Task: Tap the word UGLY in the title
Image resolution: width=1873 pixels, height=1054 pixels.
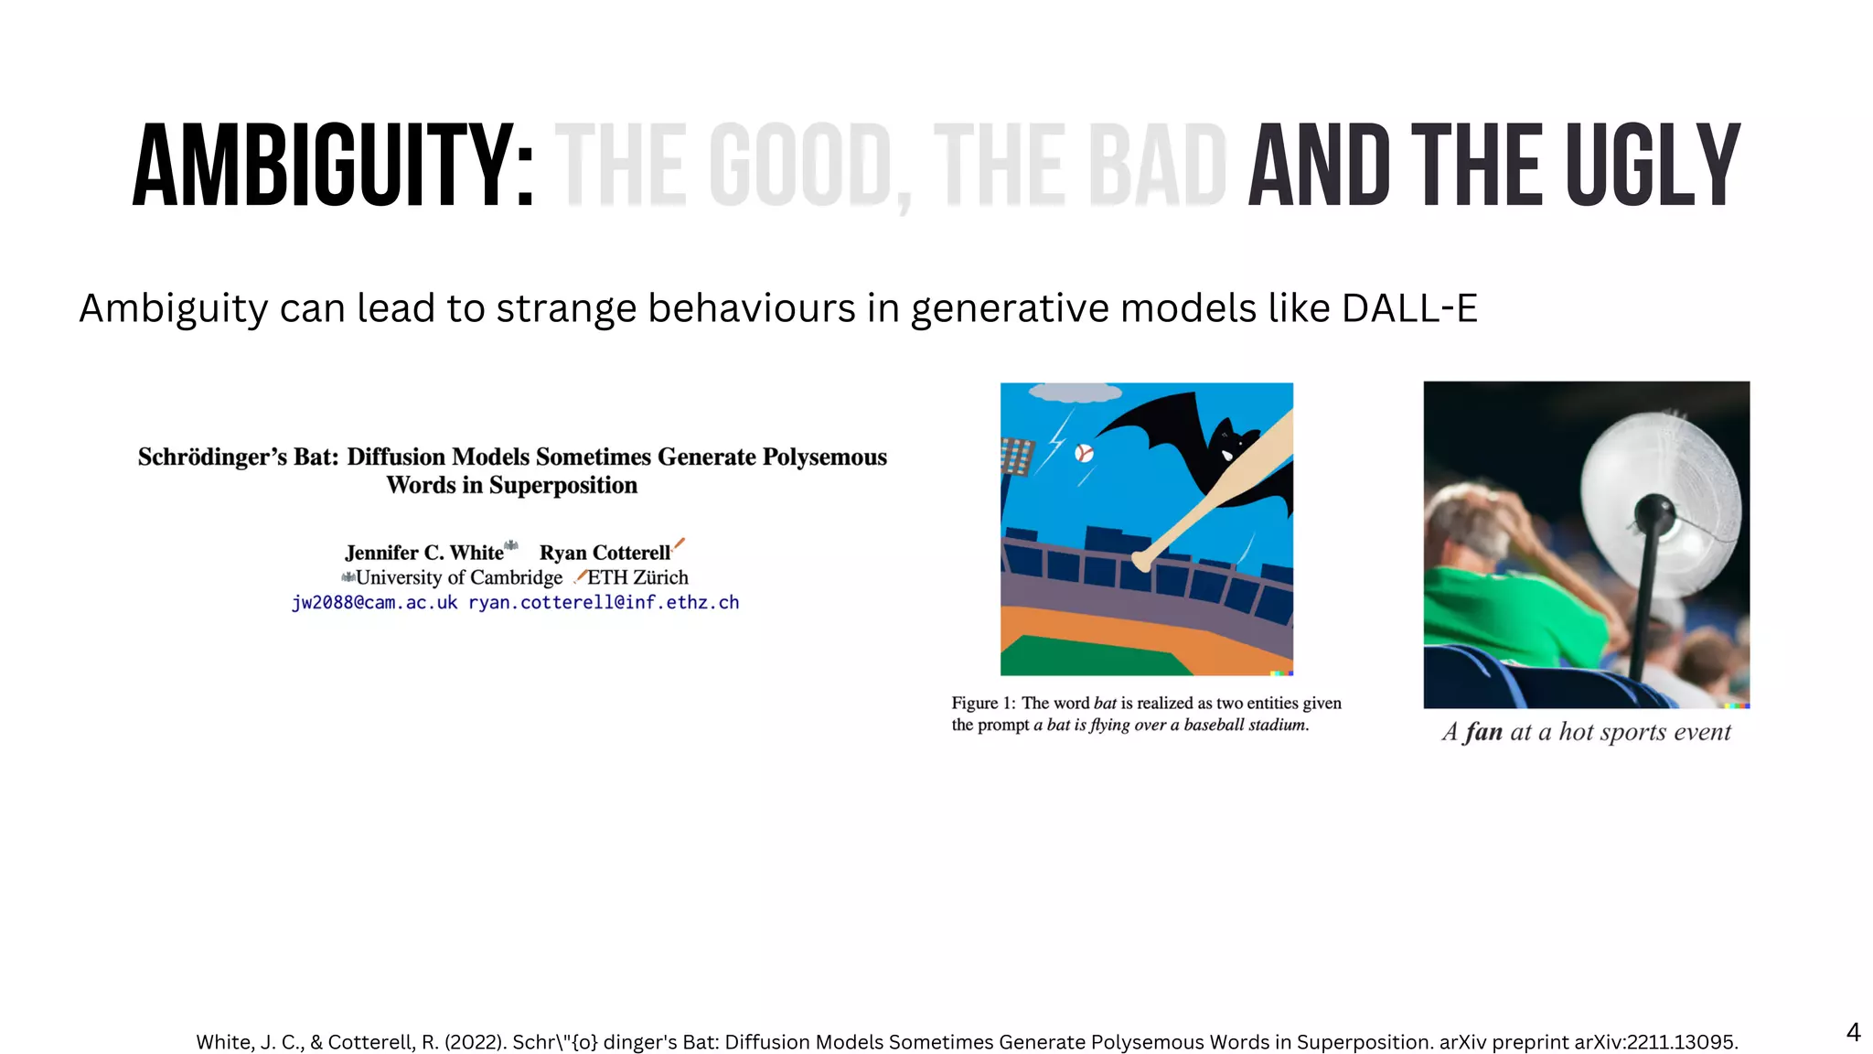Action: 1653,167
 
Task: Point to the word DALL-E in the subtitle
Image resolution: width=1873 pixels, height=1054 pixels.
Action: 1409,308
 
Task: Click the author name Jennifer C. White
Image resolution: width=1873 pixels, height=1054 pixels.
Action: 424,553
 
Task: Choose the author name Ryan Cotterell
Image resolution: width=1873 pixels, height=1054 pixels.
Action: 605,553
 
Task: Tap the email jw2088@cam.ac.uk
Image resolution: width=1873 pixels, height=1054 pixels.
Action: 374,602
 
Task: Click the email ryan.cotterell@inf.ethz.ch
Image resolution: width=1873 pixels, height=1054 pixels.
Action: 604,602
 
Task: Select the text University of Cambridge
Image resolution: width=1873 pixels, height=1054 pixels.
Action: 459,577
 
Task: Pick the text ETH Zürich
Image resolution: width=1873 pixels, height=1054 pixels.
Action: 637,577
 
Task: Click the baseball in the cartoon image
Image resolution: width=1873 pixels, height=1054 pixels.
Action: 1084,453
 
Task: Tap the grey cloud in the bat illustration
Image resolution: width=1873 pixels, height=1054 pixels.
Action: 1075,393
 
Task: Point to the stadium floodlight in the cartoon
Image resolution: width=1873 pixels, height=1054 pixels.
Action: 1017,456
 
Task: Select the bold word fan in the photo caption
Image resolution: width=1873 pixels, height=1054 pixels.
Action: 1483,732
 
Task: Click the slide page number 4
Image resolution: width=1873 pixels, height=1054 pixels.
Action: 1853,1032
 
